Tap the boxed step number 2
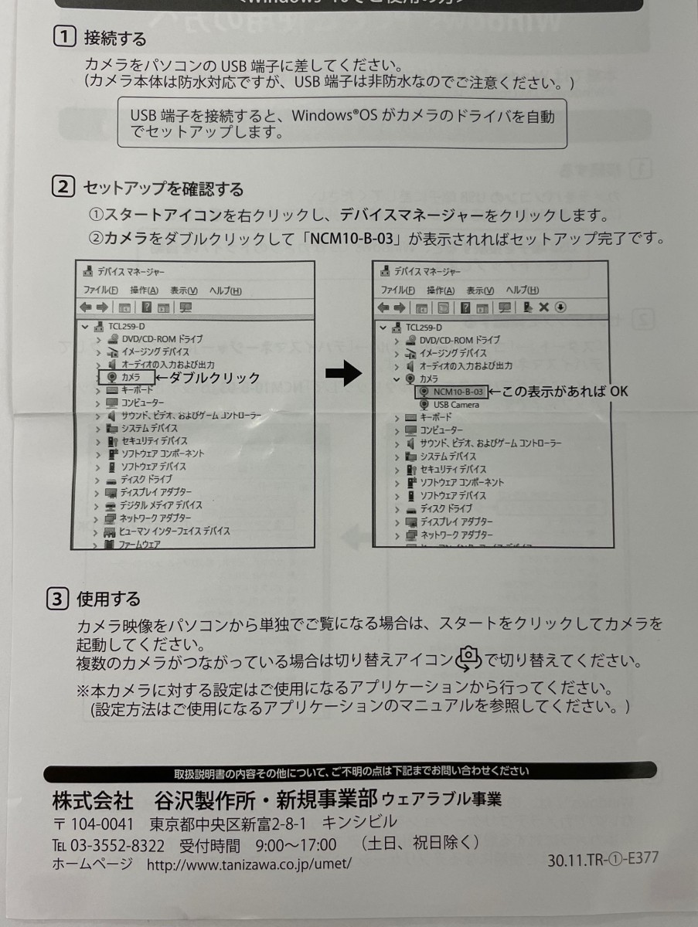pyautogui.click(x=63, y=187)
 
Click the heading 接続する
pyautogui.click(x=115, y=38)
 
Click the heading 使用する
pyautogui.click(x=108, y=599)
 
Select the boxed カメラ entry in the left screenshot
pyautogui.click(x=125, y=377)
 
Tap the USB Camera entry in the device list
pyautogui.click(x=455, y=405)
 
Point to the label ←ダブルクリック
pyautogui.click(x=208, y=377)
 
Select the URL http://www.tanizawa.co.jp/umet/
pyautogui.click(x=249, y=864)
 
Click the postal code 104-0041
pyautogui.click(x=101, y=822)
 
